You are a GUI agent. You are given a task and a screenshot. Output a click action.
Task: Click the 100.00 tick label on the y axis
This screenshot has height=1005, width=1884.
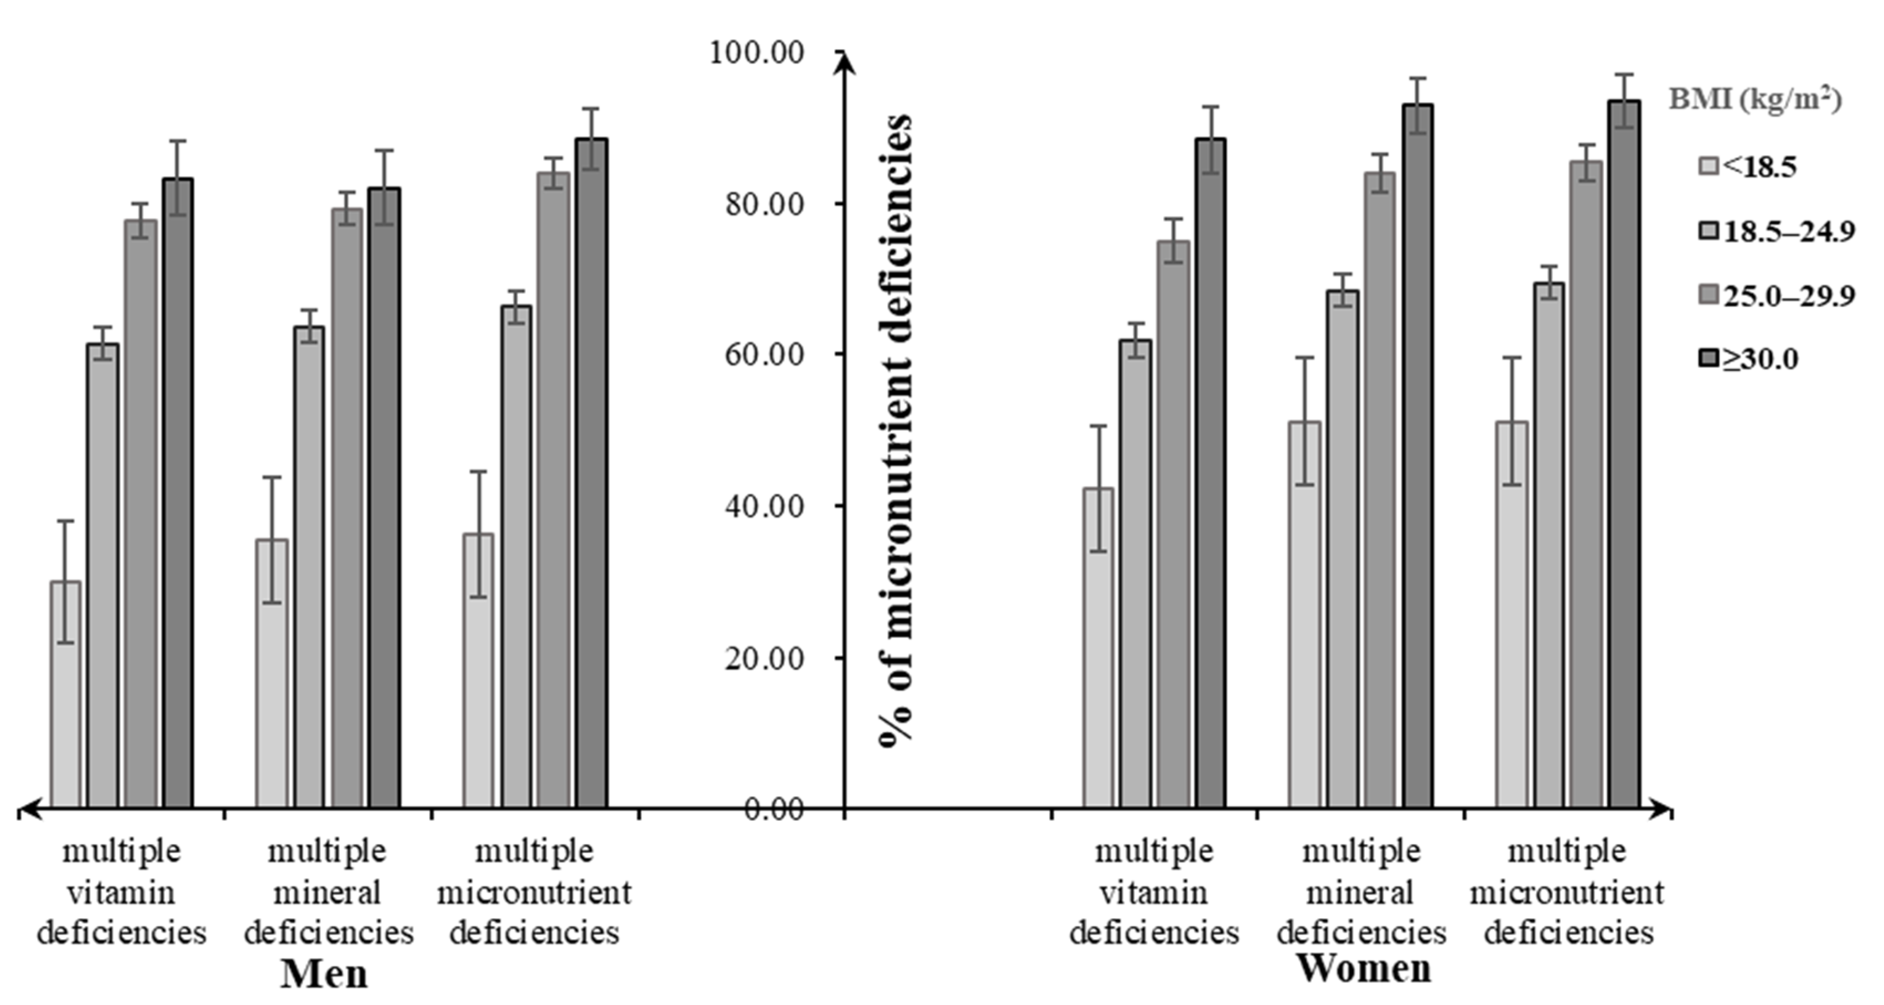757,53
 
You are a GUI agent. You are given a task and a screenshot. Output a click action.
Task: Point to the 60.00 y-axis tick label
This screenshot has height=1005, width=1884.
764,355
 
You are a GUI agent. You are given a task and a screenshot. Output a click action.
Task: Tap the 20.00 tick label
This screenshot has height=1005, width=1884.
764,657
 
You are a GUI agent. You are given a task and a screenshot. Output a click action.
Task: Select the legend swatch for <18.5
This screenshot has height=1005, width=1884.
1709,167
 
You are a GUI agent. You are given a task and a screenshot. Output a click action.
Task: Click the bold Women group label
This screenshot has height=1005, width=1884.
1363,968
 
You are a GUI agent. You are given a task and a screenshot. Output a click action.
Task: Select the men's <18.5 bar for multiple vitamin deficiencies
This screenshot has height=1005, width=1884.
66,695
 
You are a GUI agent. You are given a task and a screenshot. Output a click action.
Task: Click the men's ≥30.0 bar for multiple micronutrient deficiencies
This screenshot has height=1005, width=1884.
591,475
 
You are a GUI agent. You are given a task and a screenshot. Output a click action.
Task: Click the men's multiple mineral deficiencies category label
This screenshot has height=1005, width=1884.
328,892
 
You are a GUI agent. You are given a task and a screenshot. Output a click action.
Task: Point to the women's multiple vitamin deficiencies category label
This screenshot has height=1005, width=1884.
1154,892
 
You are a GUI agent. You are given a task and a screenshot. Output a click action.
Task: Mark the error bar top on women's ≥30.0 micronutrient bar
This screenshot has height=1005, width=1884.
1624,75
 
